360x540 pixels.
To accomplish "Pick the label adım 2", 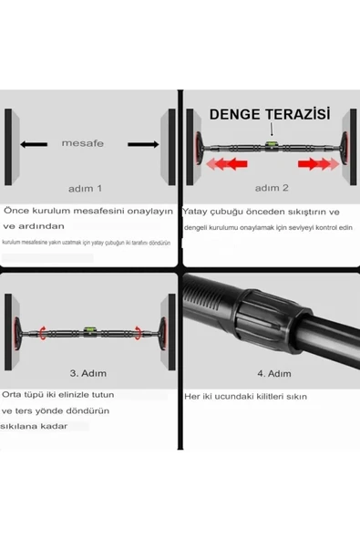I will pyautogui.click(x=272, y=188).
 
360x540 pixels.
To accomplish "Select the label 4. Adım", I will pyautogui.click(x=273, y=374).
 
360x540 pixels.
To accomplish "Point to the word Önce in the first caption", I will pyautogui.click(x=18, y=211).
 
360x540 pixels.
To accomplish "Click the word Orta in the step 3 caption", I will pyautogui.click(x=17, y=396).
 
